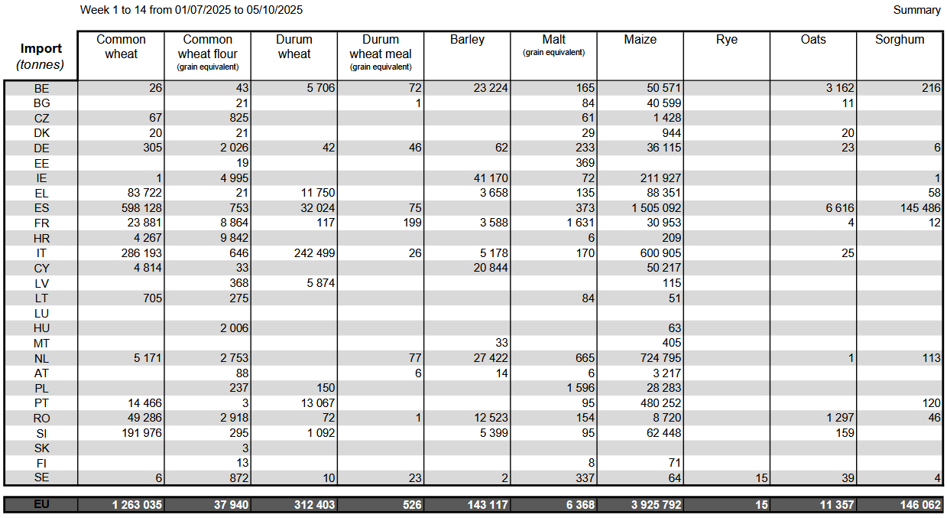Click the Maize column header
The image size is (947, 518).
[640, 40]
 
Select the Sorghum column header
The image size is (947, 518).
[900, 40]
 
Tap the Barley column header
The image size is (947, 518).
[467, 40]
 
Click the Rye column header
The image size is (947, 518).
[727, 40]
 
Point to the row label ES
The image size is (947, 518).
[41, 208]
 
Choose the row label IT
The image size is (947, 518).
[41, 253]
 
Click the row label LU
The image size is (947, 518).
[41, 313]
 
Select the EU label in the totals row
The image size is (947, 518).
[41, 505]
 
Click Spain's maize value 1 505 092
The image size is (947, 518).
[650, 208]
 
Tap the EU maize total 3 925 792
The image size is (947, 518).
[650, 505]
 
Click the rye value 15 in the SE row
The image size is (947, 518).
[760, 478]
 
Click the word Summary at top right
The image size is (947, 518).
[916, 10]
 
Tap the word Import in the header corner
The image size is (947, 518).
[41, 49]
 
